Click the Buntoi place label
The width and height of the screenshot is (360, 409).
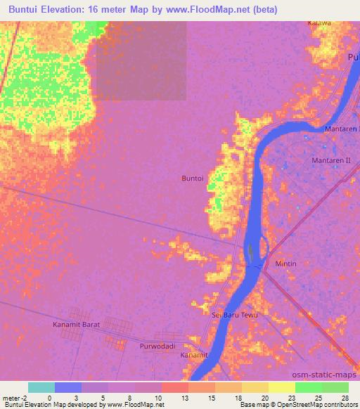194,179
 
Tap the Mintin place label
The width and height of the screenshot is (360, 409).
285,264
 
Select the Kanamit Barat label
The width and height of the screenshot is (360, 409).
77,325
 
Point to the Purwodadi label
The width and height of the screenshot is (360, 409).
156,346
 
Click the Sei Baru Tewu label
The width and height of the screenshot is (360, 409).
236,315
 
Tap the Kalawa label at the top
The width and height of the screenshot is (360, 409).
319,23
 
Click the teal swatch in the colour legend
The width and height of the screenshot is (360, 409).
41,387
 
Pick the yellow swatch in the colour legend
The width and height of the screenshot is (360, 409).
281,387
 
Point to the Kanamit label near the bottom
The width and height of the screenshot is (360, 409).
194,356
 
